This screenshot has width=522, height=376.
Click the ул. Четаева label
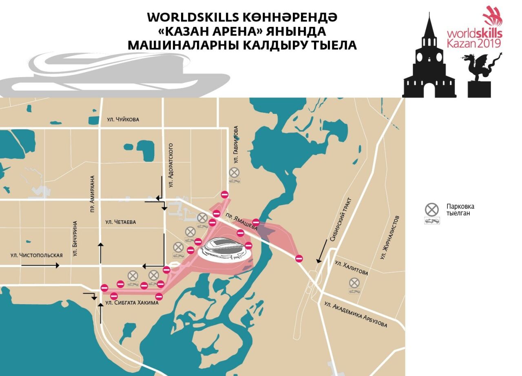120,222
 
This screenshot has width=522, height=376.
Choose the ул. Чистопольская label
37,255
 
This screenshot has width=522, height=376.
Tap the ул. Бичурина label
75,239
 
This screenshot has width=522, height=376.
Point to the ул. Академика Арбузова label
355,315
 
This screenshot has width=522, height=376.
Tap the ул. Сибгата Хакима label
132,303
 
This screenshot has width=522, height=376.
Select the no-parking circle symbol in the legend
431,210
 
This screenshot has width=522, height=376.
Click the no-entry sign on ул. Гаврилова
224,195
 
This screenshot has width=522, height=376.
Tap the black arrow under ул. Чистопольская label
40,265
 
